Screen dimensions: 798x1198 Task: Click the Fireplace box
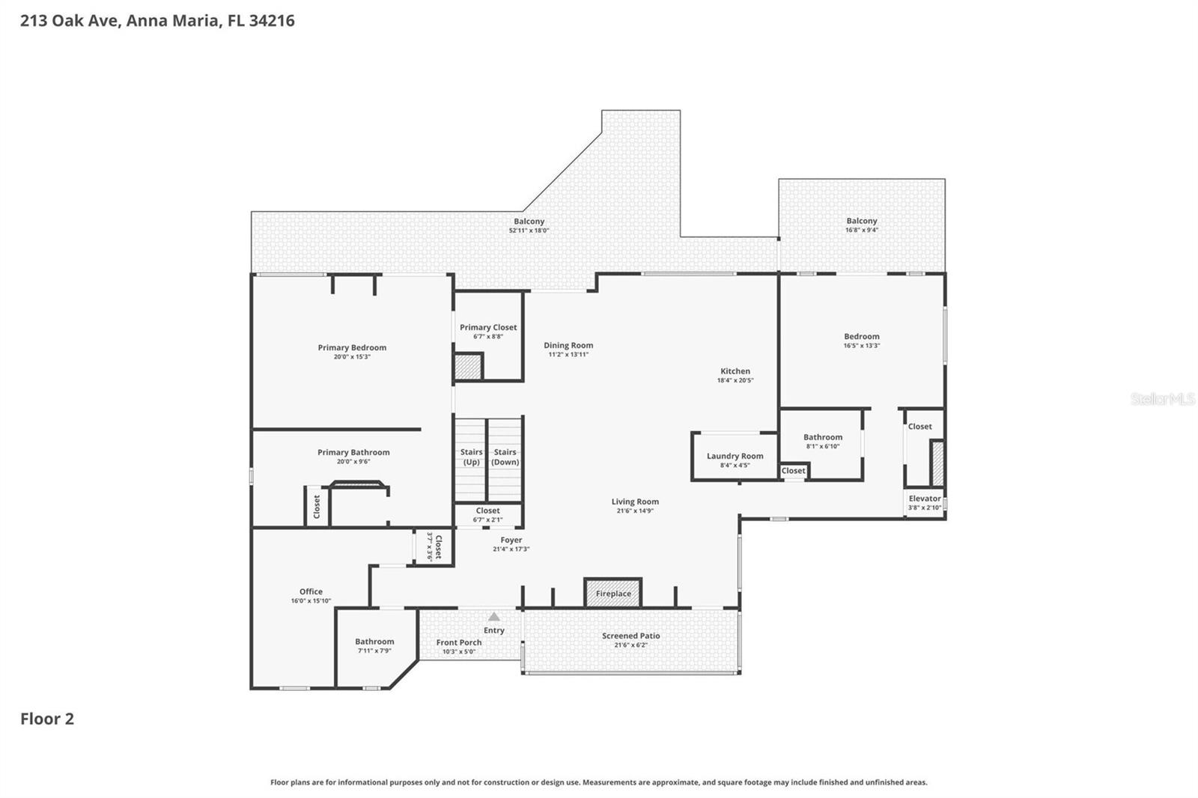[613, 592]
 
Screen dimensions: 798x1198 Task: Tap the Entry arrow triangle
[494, 617]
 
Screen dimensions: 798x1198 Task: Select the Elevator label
[925, 499]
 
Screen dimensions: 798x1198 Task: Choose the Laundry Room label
[735, 456]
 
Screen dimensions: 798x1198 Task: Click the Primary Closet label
[488, 327]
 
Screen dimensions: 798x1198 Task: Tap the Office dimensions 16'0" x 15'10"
[311, 601]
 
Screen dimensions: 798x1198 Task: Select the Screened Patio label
[631, 636]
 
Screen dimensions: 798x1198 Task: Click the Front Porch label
[459, 642]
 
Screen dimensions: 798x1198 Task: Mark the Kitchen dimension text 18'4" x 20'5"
[735, 380]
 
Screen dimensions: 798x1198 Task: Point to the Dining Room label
[568, 345]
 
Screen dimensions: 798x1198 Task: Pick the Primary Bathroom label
[353, 452]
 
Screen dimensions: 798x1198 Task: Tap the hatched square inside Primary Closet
[468, 367]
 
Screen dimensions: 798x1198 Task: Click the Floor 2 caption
[47, 719]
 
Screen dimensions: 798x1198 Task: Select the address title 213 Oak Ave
[157, 20]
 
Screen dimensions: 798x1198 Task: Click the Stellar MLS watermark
[1162, 399]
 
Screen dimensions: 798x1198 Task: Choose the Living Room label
[635, 502]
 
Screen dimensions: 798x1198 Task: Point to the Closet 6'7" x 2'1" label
[487, 511]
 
